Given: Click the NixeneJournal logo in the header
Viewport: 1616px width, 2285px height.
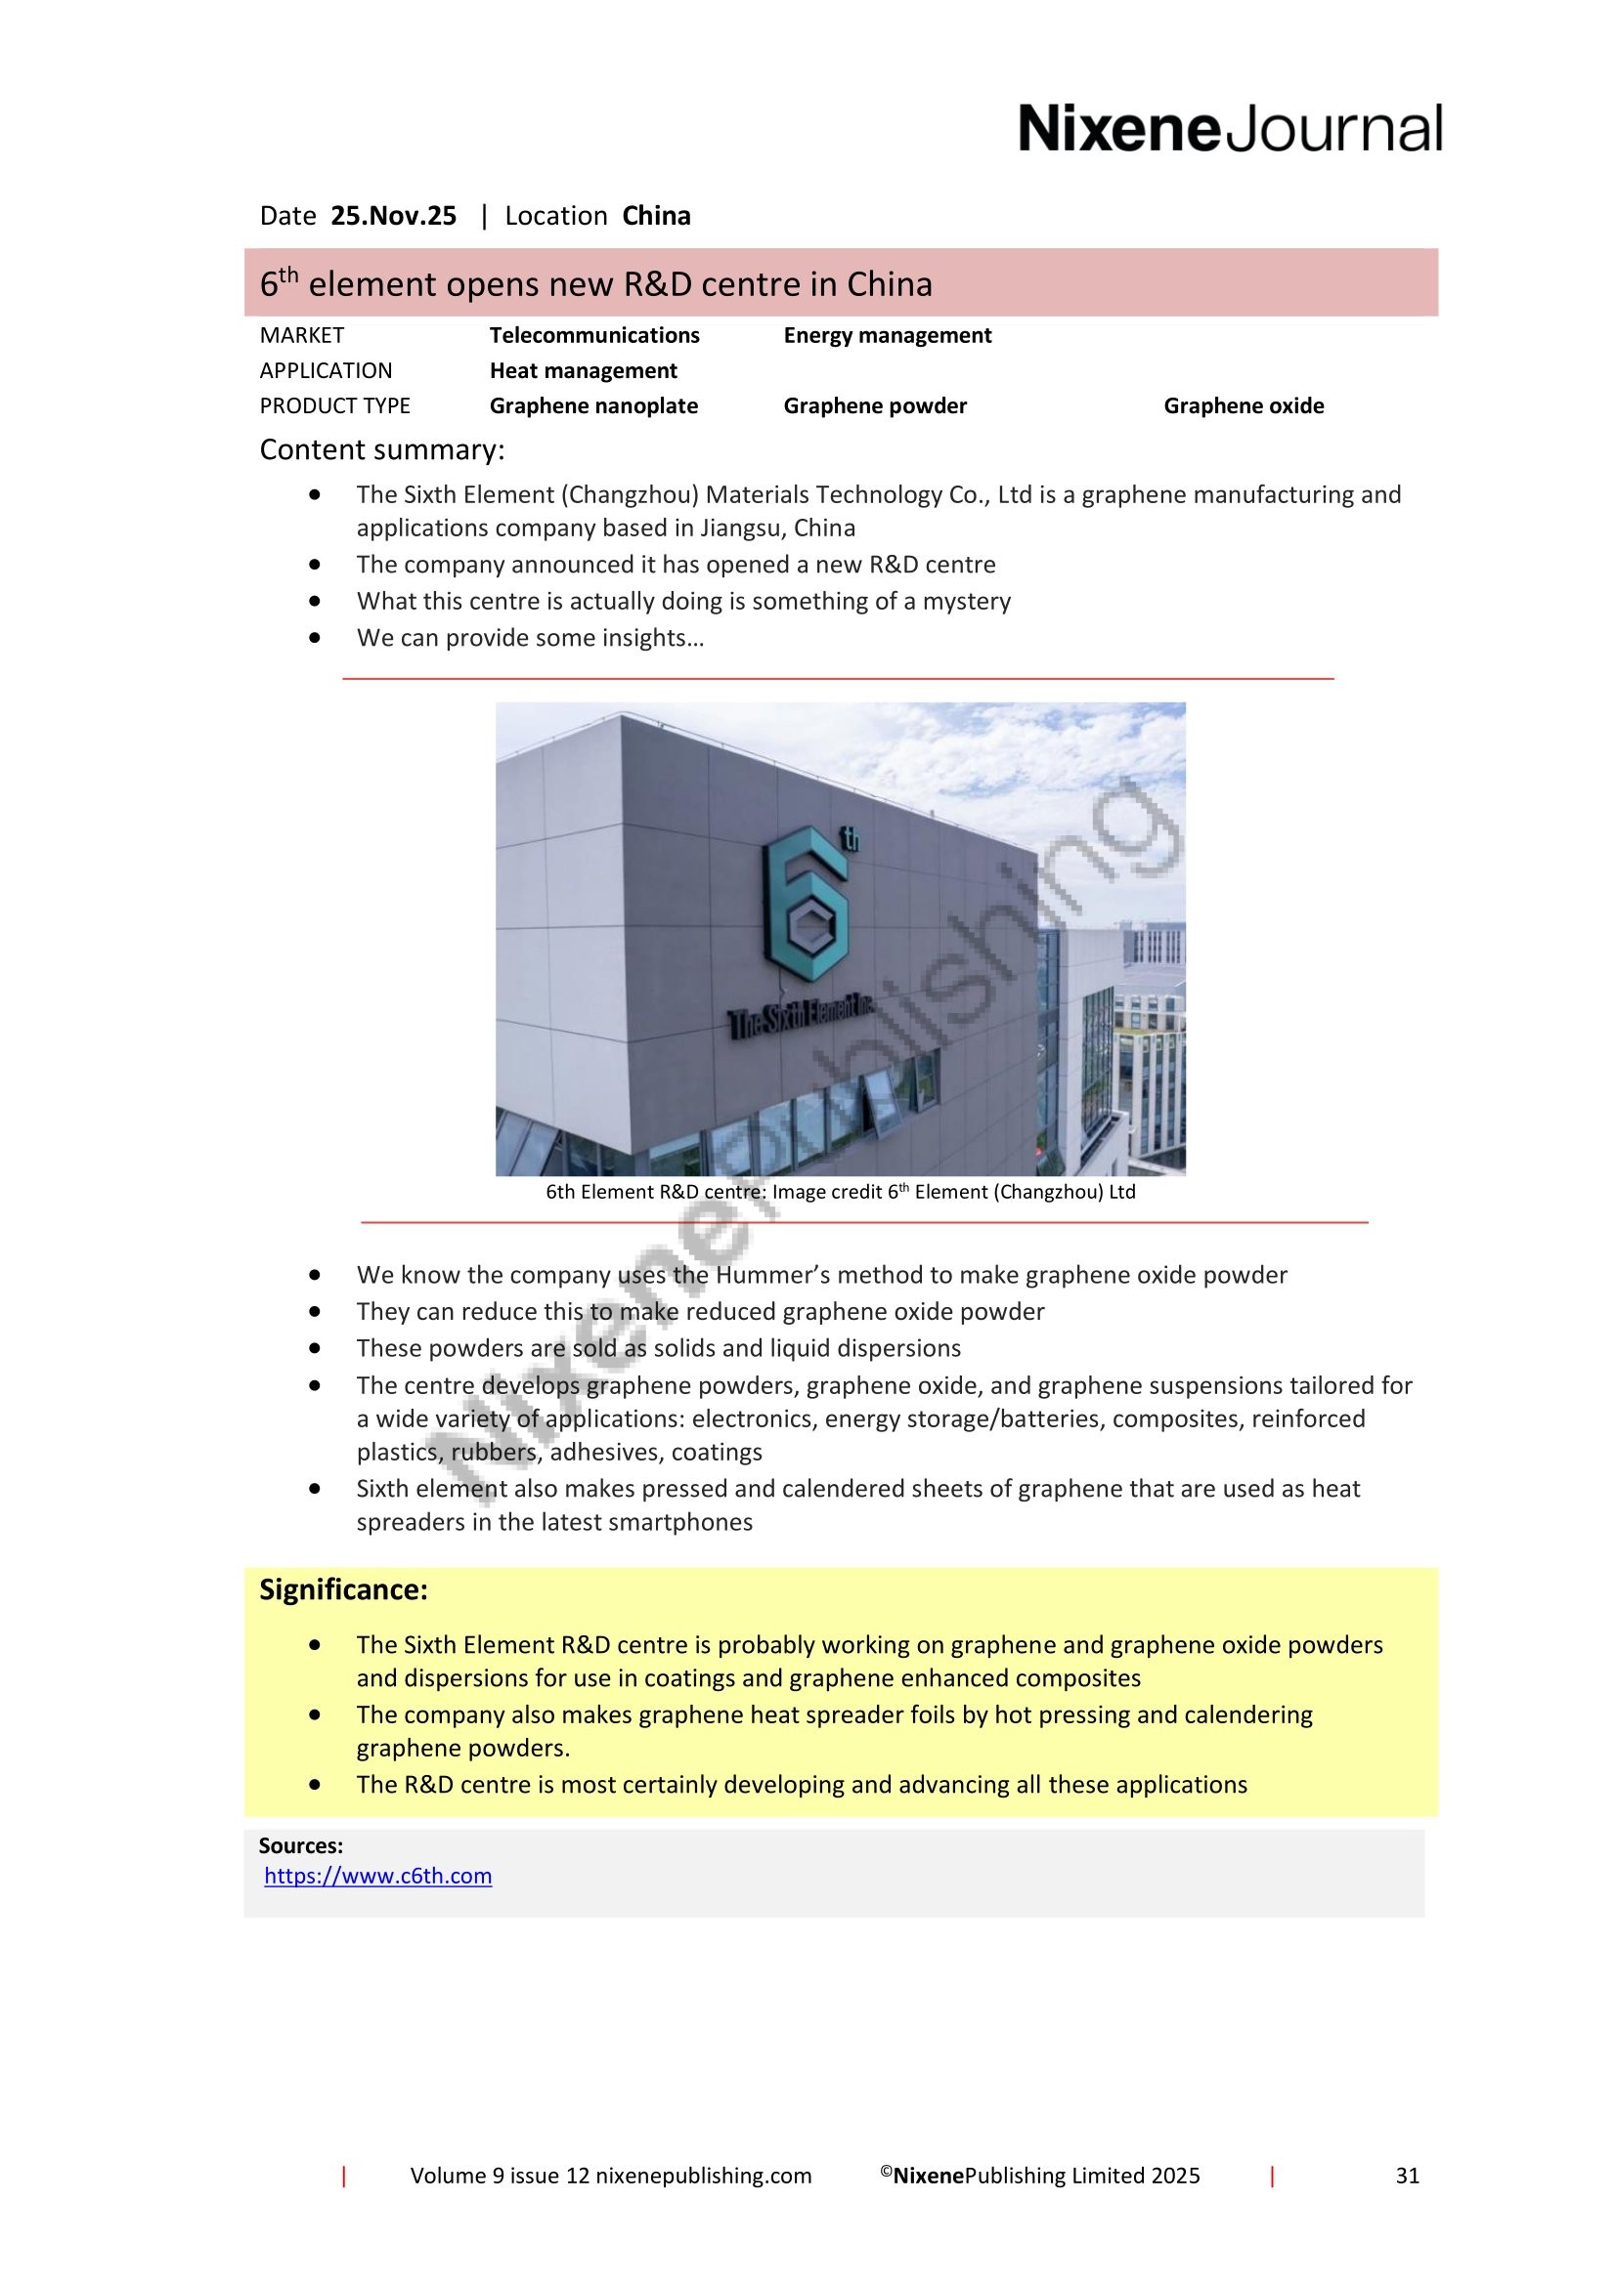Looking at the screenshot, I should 1230,129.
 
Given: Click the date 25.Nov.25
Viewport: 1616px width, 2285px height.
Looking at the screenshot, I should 393,216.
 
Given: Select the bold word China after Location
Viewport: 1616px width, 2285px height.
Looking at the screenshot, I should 656,216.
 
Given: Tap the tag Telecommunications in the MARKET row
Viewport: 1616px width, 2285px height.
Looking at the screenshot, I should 594,335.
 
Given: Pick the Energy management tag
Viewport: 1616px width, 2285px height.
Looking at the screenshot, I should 887,335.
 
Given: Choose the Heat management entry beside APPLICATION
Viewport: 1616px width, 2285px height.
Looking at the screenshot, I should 583,370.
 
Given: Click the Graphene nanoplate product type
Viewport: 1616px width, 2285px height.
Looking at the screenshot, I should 593,405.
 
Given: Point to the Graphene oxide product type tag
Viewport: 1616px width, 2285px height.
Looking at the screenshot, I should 1244,405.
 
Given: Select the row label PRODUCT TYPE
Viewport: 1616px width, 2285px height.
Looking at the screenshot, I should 334,405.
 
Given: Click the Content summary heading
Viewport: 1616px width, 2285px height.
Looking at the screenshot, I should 382,449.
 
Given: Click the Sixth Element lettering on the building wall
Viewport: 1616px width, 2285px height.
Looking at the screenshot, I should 802,1017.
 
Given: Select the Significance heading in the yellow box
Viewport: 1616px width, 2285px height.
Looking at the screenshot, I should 343,1589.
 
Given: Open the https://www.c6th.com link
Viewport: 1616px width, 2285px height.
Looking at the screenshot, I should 378,1876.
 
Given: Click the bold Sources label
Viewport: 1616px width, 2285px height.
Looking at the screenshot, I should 301,1845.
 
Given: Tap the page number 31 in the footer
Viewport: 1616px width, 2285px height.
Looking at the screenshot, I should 1407,2176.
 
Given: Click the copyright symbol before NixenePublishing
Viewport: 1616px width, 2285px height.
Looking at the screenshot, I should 885,2172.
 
